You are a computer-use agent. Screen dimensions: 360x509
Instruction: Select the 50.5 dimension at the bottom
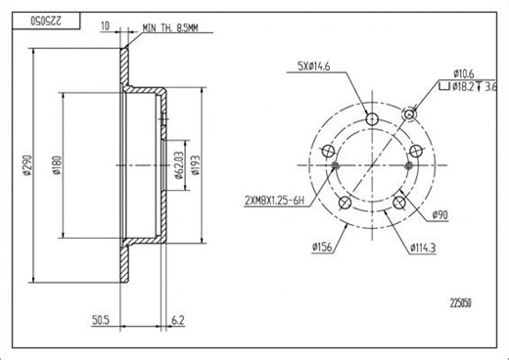(98, 320)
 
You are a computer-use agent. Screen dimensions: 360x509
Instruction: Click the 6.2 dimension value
(176, 320)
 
